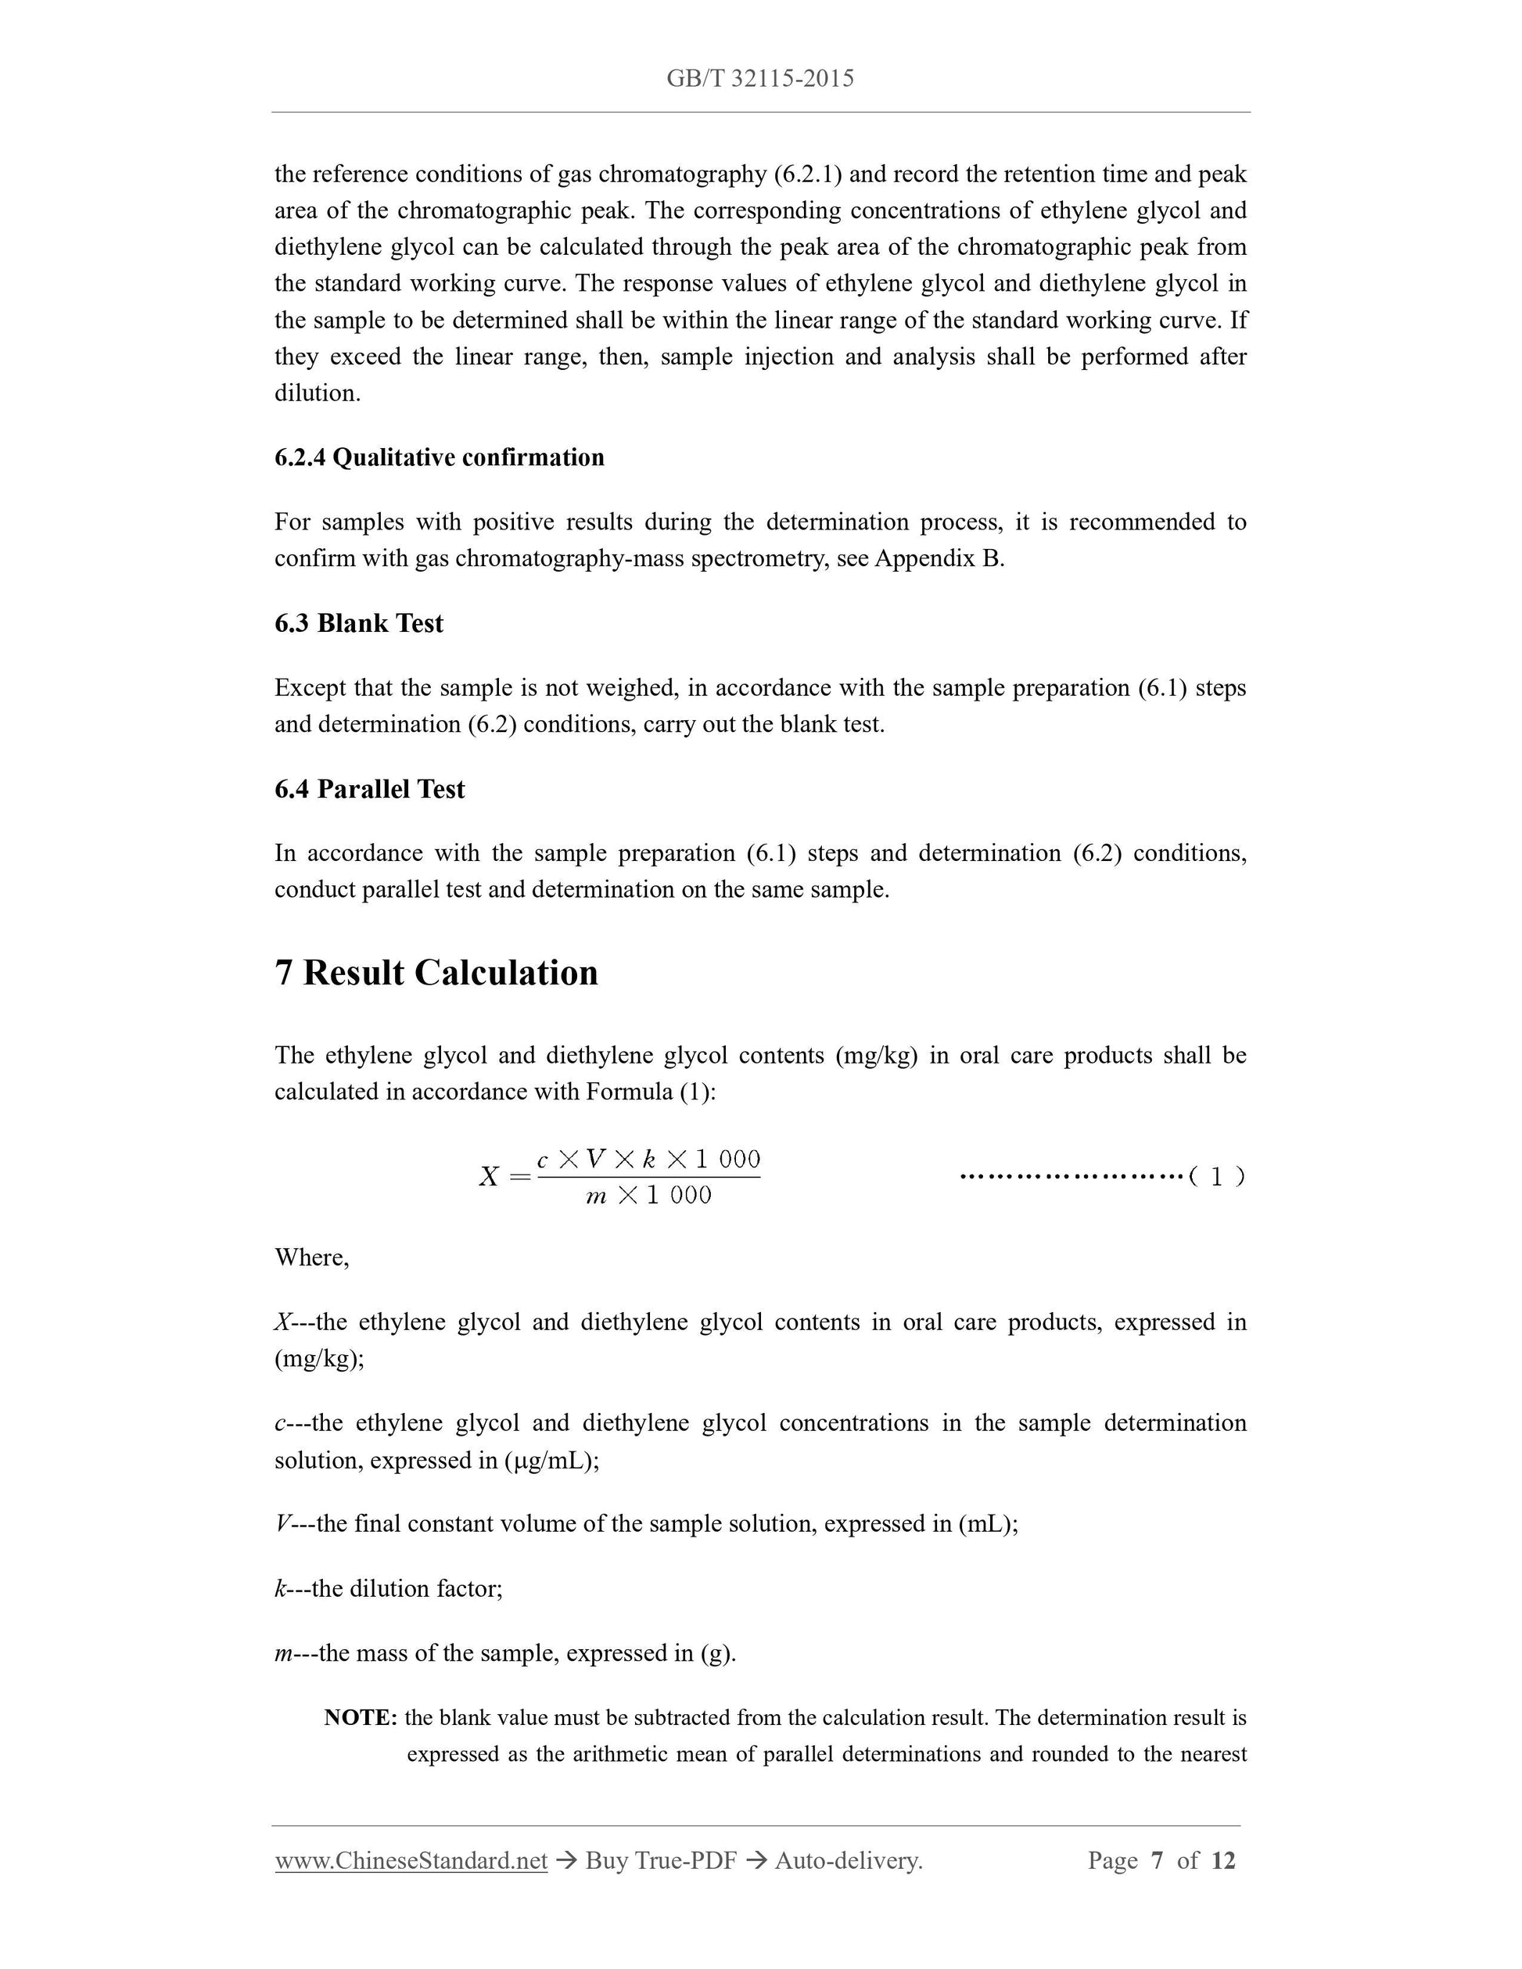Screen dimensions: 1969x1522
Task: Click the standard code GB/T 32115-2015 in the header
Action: click(x=760, y=79)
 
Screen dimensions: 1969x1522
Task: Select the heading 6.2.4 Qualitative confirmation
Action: click(x=439, y=458)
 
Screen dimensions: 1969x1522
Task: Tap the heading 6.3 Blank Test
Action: click(x=359, y=624)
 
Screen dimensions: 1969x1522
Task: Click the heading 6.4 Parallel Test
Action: click(x=370, y=790)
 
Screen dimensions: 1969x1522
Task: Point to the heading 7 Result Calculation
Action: click(x=436, y=974)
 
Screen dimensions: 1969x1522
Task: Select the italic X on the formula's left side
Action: click(x=489, y=1178)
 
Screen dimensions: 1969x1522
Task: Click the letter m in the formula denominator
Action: click(x=596, y=1196)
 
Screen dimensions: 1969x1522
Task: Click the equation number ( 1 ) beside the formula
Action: click(x=1216, y=1177)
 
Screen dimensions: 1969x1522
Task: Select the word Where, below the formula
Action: click(x=312, y=1257)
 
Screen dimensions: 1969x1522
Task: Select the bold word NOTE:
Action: click(x=361, y=1717)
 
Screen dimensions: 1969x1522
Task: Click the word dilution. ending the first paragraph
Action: click(x=318, y=394)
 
